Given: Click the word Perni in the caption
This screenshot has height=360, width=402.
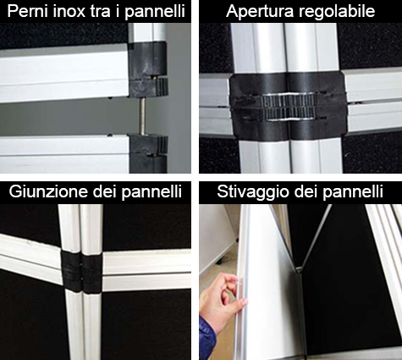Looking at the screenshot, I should pyautogui.click(x=28, y=12).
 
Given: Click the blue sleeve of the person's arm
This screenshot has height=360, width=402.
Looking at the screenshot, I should pyautogui.click(x=207, y=340).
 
